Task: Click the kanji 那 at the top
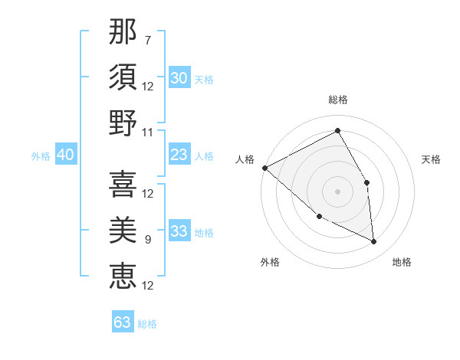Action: (x=123, y=33)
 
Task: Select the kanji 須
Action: (x=123, y=77)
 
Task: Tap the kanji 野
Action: (x=123, y=123)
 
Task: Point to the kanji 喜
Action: (x=123, y=184)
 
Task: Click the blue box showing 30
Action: (x=179, y=77)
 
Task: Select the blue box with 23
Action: (x=179, y=155)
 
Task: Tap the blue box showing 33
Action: (x=179, y=232)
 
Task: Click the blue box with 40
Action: (x=65, y=155)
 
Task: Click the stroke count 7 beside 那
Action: (x=148, y=40)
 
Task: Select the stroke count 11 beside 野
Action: (x=148, y=132)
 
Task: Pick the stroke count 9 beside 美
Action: (x=148, y=240)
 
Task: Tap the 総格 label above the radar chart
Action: (x=337, y=100)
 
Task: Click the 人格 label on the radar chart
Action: (x=245, y=159)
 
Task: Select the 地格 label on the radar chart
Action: (x=402, y=263)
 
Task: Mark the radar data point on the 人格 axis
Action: (x=264, y=168)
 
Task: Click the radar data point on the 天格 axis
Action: (x=366, y=182)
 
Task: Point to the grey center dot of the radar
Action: (x=337, y=191)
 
